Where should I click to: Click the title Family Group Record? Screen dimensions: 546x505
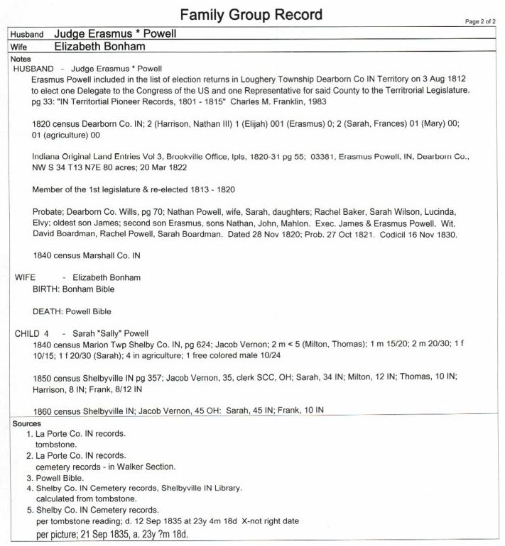pos(251,14)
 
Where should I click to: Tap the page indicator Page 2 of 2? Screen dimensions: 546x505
pos(481,22)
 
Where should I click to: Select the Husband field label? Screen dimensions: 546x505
pos(26,34)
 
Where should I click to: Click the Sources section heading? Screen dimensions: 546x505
pos(27,423)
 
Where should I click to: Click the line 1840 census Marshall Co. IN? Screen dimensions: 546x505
pos(82,255)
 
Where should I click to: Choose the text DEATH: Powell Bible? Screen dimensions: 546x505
pos(72,311)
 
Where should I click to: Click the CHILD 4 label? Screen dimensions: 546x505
pos(32,333)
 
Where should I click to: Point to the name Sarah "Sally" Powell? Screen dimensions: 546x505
pos(116,333)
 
